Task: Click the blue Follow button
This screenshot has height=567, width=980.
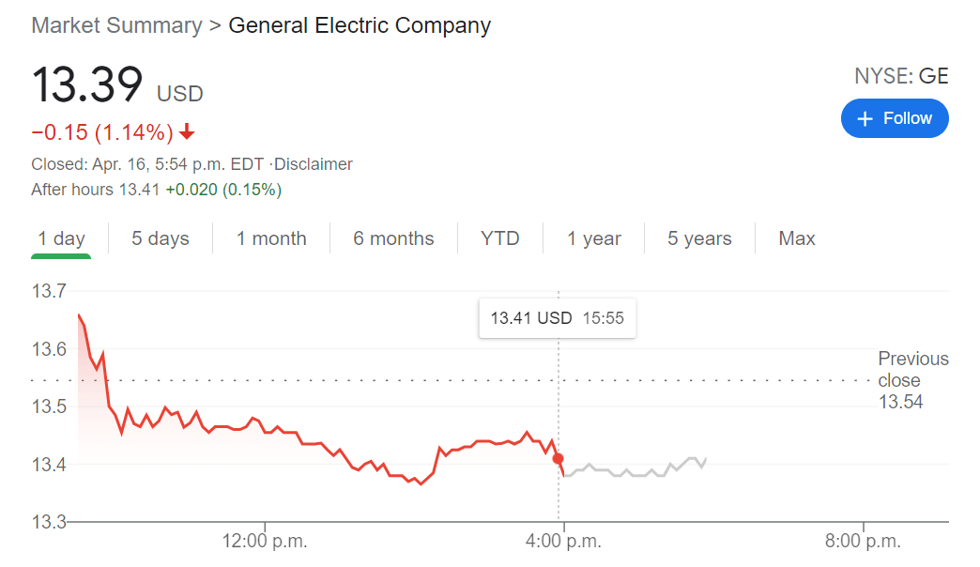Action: click(x=894, y=118)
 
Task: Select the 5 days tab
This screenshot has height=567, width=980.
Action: click(x=161, y=238)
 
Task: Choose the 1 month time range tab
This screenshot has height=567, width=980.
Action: click(x=271, y=238)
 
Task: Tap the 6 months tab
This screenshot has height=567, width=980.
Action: click(x=393, y=238)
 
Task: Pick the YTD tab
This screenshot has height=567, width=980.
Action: click(x=499, y=238)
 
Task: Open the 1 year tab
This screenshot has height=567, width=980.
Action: click(x=593, y=238)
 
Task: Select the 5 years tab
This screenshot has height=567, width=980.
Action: click(x=699, y=238)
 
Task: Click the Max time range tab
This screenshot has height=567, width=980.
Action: click(x=797, y=238)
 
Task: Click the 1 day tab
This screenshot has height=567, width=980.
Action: click(x=61, y=238)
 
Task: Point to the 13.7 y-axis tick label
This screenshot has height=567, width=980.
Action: click(x=49, y=291)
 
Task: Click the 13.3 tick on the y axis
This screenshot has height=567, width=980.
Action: click(x=49, y=522)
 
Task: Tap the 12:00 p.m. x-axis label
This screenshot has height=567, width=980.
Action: click(x=265, y=541)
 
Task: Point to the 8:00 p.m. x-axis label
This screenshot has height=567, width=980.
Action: click(x=863, y=541)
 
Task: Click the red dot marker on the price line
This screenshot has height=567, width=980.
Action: click(x=559, y=459)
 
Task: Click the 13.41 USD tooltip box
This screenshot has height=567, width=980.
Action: click(x=557, y=318)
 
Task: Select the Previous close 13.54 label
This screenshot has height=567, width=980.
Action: click(x=912, y=380)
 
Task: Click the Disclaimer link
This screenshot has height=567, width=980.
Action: click(x=314, y=164)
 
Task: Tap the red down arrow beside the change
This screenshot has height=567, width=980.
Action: click(x=187, y=130)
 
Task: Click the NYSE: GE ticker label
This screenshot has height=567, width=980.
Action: click(x=901, y=77)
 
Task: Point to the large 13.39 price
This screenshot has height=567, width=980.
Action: click(x=87, y=84)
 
